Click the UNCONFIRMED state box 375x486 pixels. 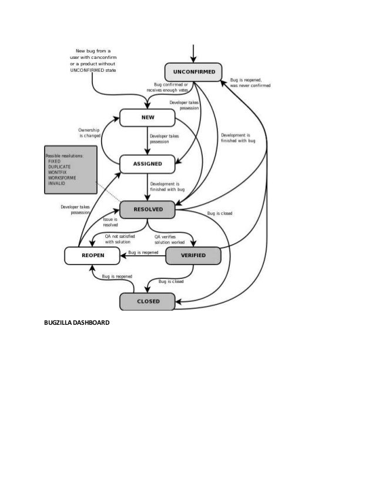pyautogui.click(x=193, y=72)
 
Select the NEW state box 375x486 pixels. pyautogui.click(x=148, y=117)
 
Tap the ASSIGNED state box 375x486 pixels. pyautogui.click(x=148, y=164)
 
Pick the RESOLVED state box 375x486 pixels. pyautogui.click(x=148, y=209)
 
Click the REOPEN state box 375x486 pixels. pyautogui.click(x=93, y=255)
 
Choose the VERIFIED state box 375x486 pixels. pyautogui.click(x=193, y=255)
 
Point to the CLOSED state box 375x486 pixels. pyautogui.click(x=148, y=302)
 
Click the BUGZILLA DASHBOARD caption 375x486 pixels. pyautogui.click(x=76, y=323)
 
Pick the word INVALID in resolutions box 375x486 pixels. pyautogui.click(x=58, y=183)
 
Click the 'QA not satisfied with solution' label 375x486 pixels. pyautogui.click(x=118, y=239)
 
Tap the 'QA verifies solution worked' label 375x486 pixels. pyautogui.click(x=169, y=239)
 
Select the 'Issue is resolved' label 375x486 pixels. pyautogui.click(x=111, y=222)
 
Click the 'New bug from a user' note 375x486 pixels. pyautogui.click(x=93, y=61)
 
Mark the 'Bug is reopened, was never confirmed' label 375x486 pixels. pyautogui.click(x=250, y=82)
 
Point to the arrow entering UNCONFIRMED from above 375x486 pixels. pyautogui.click(x=193, y=50)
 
